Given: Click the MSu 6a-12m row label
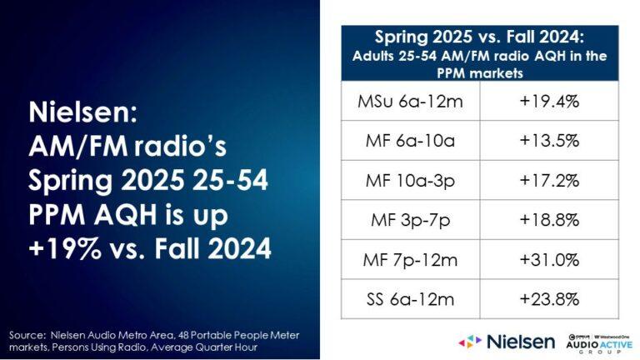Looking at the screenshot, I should coord(403,102).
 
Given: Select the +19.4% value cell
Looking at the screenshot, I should coord(550,102).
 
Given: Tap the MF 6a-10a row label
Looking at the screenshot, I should coord(403,139).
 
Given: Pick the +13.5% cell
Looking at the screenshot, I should coord(550,139).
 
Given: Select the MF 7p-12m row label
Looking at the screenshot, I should coord(403,261).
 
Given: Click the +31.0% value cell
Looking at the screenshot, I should coord(550,261).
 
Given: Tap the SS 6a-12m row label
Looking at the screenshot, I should coord(403,298).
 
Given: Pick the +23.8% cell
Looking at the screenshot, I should coord(550,298).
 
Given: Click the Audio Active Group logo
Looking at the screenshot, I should coord(593,340).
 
